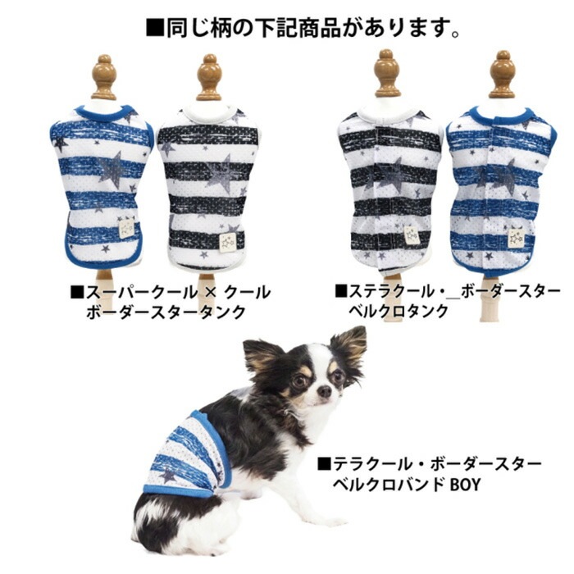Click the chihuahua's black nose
324,392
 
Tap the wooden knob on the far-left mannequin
104,77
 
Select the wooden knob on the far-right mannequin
502,75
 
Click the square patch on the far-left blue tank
126,228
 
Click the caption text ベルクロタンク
399,312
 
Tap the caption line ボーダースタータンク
166,312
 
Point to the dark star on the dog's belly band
168,475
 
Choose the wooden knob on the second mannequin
209,77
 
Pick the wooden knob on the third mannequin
388,73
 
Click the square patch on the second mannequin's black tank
228,242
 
